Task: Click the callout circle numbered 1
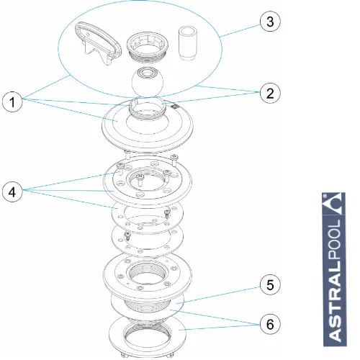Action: (12, 102)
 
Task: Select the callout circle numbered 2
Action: (270, 93)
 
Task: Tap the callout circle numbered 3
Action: (270, 22)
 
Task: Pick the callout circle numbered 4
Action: (12, 192)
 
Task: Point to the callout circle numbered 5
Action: (270, 284)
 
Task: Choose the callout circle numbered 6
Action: (270, 324)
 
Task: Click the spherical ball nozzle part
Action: (148, 82)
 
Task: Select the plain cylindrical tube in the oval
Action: (187, 43)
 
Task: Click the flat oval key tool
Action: (99, 43)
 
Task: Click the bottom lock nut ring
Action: (148, 336)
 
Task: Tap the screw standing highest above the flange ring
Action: (174, 160)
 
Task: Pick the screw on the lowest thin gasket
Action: (128, 236)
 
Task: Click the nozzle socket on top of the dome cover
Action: (148, 108)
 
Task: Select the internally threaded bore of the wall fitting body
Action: (148, 274)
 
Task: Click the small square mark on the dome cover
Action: (174, 106)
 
